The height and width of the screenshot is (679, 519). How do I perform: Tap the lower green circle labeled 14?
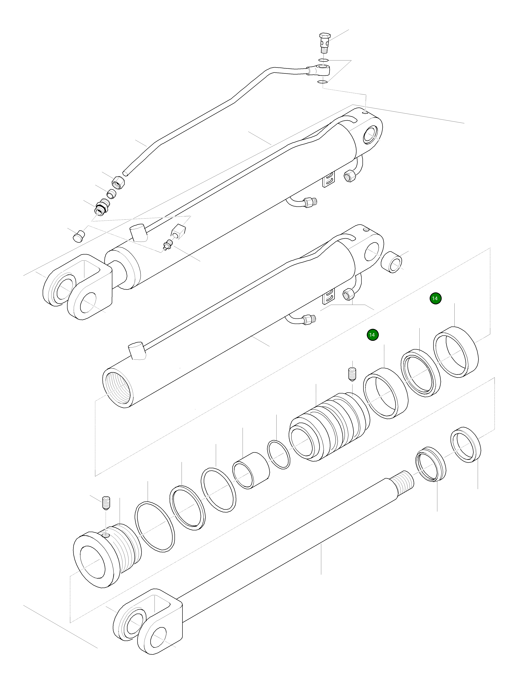pos(373,335)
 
